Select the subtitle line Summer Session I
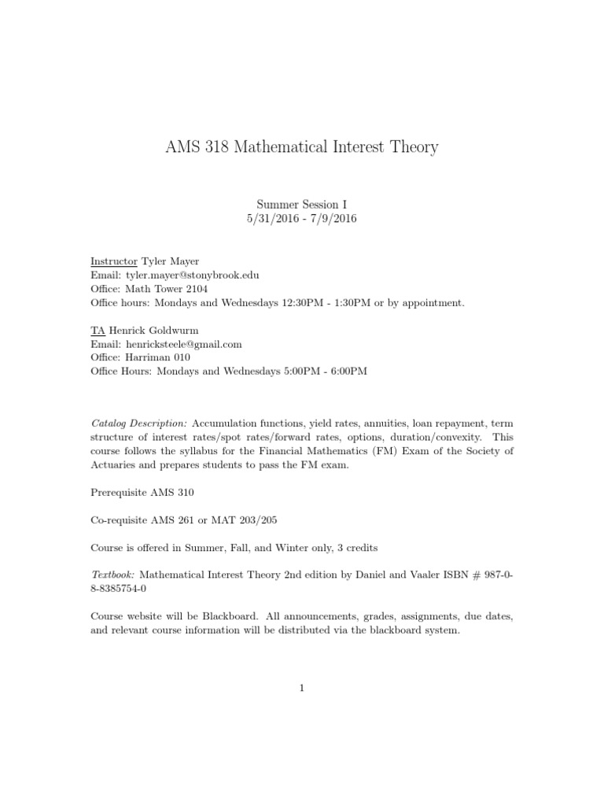(301, 203)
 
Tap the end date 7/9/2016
(330, 218)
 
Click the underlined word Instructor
(113, 261)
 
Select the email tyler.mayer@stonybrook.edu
(190, 275)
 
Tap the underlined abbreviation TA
(98, 330)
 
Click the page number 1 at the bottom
(301, 687)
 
